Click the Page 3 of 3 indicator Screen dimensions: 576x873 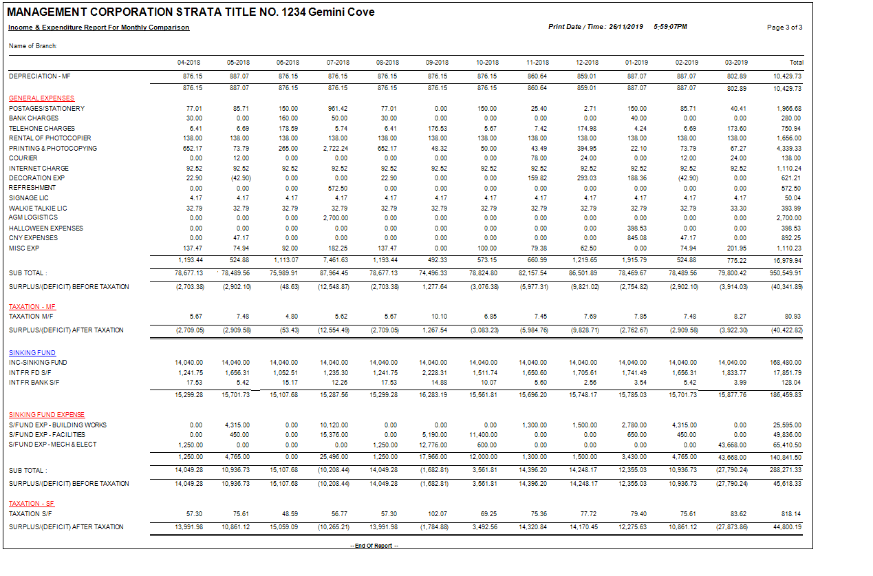784,28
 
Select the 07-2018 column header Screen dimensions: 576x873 338,63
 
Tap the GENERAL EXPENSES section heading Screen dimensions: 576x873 41,98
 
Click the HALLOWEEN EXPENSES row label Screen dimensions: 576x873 46,228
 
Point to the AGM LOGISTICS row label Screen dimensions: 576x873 33,217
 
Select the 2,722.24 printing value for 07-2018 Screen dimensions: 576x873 335,148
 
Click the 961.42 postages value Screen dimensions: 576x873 338,109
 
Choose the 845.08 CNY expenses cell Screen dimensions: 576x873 636,237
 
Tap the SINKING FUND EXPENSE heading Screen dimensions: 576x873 47,415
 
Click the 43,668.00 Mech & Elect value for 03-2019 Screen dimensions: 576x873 732,445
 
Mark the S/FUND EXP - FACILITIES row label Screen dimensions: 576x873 47,434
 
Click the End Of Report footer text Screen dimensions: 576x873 375,546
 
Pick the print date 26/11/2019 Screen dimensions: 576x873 625,27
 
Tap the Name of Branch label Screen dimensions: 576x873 32,46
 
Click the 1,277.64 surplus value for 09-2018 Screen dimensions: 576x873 434,286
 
